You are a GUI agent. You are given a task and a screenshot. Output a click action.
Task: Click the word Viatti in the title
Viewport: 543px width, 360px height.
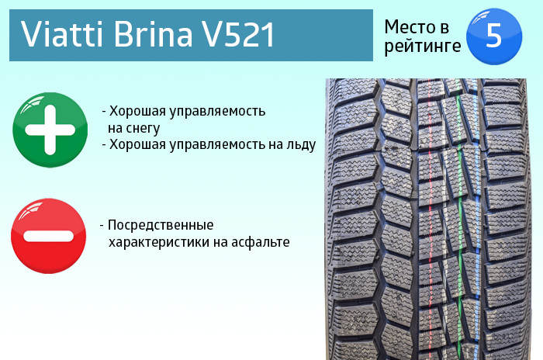62,34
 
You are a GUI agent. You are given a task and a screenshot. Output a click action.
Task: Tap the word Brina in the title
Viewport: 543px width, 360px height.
153,34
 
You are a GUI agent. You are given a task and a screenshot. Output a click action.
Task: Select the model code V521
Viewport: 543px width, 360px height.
239,34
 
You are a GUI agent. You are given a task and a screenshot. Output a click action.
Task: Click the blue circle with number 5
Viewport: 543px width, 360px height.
494,36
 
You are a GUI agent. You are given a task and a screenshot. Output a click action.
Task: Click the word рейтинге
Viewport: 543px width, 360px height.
423,47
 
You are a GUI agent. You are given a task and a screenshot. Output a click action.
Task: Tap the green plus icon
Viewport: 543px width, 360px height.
50,130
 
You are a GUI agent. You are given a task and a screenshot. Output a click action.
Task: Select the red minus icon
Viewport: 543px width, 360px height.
48,236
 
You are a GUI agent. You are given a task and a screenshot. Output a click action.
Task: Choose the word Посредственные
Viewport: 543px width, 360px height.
161,225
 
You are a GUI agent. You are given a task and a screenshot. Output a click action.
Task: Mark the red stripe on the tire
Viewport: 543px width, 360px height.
430,219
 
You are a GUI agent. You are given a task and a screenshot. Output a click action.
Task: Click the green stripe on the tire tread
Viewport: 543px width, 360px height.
459,219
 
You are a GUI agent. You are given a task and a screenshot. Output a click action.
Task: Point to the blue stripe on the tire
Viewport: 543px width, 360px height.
478,219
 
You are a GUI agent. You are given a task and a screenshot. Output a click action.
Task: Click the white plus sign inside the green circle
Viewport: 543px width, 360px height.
50,130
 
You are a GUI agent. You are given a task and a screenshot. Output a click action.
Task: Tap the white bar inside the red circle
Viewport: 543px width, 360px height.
48,236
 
